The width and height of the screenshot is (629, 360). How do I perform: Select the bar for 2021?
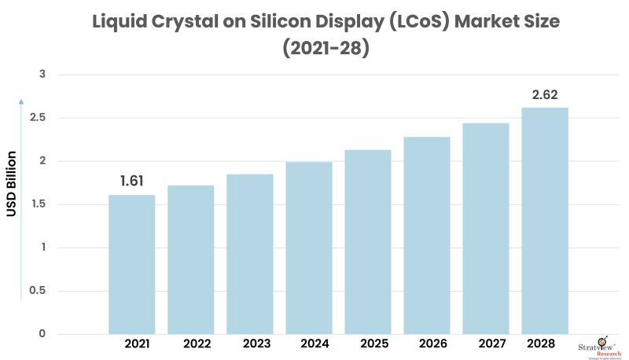point(131,263)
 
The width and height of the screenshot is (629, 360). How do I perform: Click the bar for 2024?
point(309,247)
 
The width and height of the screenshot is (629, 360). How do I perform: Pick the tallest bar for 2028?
point(545,220)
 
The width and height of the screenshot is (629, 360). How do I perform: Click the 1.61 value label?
point(132,182)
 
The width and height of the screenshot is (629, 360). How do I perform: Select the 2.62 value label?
point(545,94)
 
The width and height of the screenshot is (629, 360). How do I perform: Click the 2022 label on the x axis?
point(197,344)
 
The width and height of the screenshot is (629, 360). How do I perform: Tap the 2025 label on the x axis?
point(374,344)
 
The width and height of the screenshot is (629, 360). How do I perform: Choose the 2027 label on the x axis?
point(491,344)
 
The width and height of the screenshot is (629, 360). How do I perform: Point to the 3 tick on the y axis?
point(43,75)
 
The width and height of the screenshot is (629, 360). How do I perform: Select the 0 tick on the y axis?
point(43,334)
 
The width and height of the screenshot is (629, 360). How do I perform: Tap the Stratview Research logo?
point(601,346)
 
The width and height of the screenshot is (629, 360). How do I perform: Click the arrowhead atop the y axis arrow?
point(22,101)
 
